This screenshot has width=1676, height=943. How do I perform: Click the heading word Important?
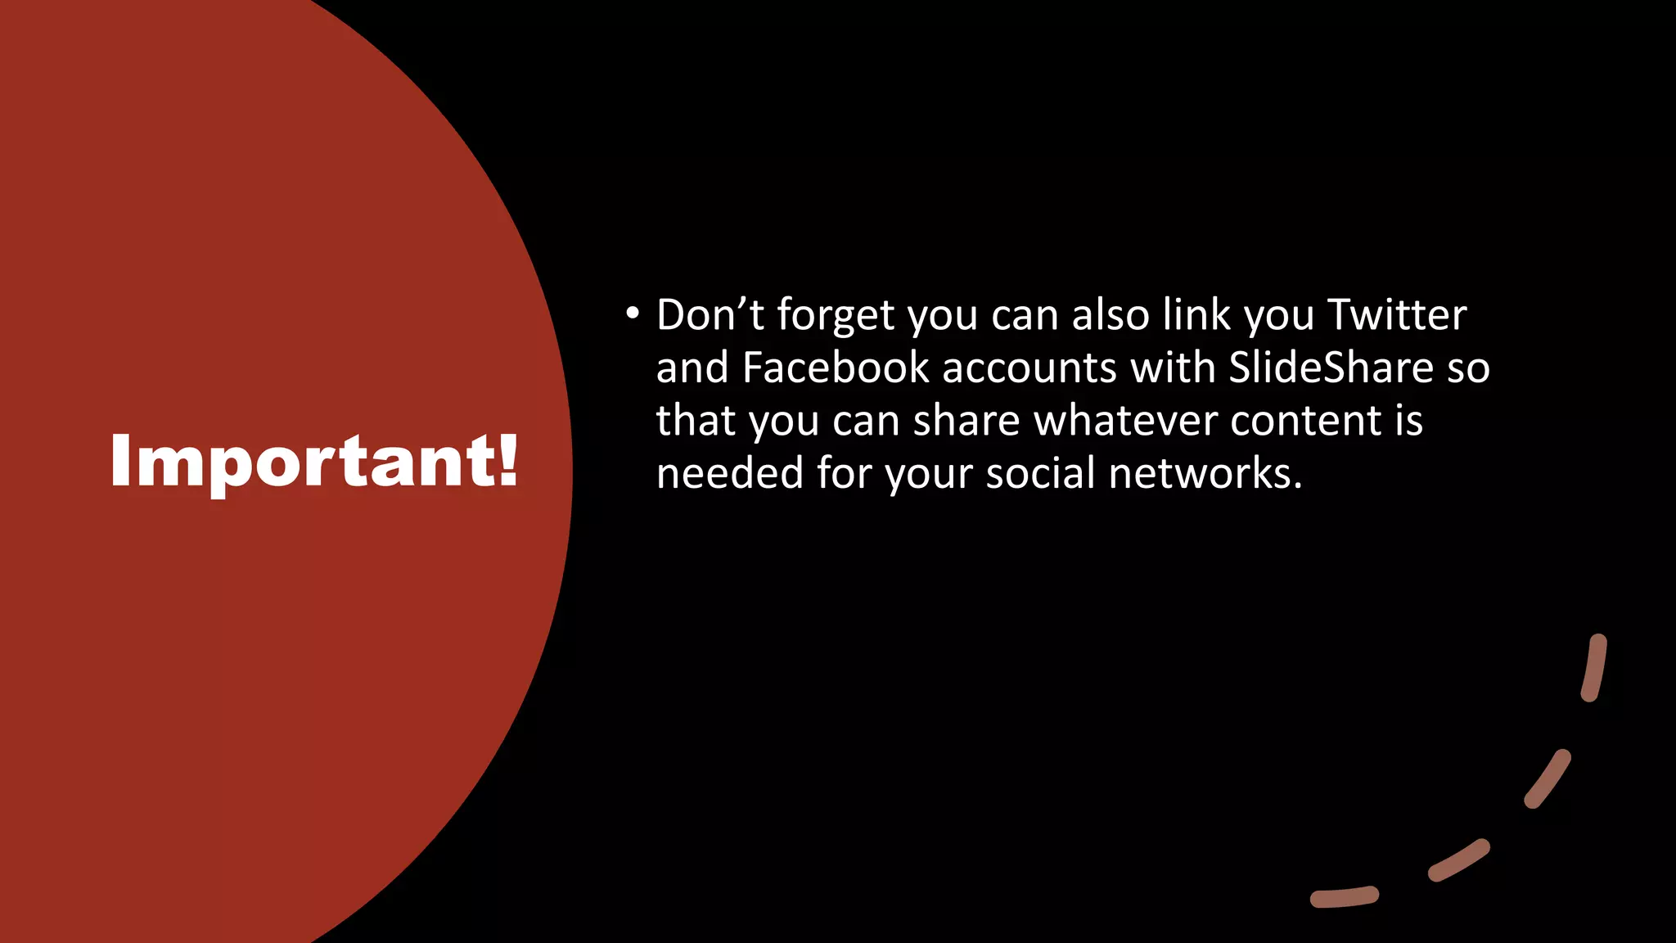[x=303, y=462]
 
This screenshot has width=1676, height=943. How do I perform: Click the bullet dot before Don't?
[x=631, y=314]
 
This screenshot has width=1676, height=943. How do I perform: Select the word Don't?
[x=710, y=315]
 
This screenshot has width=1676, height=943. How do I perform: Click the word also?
[x=1111, y=315]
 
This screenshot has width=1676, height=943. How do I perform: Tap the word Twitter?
[x=1396, y=315]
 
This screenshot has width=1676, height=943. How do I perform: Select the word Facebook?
[x=836, y=368]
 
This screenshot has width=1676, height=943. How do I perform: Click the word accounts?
[x=1029, y=369]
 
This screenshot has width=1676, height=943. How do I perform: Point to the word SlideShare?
[x=1331, y=368]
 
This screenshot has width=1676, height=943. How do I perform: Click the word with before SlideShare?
[x=1172, y=368]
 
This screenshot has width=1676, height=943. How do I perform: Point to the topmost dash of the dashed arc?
[x=1594, y=667]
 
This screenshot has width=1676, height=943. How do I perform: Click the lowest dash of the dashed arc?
[x=1344, y=897]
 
